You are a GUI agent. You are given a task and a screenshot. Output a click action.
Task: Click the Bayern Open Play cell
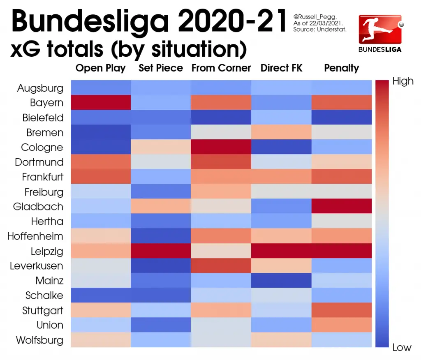[101, 103]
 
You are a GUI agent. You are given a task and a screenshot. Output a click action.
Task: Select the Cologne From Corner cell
[221, 147]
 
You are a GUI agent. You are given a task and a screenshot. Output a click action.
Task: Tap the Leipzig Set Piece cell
[161, 251]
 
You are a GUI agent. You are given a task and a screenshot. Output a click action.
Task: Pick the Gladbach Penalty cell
[342, 206]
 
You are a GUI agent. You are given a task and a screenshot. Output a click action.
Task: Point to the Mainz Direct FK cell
[282, 280]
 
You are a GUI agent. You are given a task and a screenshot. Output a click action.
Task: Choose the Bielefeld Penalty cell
[342, 118]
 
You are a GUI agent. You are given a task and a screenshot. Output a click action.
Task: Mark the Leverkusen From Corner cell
[221, 265]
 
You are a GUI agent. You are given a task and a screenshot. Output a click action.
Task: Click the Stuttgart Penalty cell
[342, 310]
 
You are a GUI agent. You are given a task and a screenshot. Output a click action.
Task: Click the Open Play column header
[101, 68]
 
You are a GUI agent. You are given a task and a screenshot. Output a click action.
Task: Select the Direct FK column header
[282, 68]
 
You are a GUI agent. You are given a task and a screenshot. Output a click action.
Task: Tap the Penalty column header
[342, 68]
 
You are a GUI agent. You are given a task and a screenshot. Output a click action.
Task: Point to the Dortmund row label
[39, 162]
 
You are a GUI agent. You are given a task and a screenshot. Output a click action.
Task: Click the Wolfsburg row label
[39, 340]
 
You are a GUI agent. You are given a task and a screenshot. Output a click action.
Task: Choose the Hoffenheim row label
[35, 236]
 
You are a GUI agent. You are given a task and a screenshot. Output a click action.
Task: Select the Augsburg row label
[40, 88]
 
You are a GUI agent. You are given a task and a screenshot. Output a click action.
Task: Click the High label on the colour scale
[402, 81]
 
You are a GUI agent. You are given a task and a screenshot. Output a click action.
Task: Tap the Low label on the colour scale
[402, 348]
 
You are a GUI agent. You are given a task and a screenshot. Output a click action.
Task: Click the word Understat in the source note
[333, 30]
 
